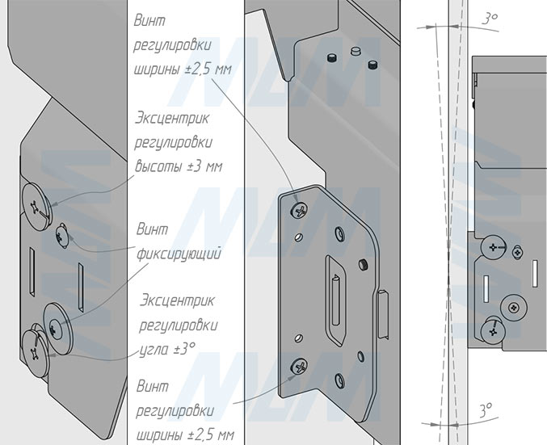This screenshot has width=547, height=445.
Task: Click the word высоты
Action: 160,166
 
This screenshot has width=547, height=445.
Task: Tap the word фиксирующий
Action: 179,254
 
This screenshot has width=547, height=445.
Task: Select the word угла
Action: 154,350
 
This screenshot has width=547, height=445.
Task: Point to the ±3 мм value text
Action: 205,166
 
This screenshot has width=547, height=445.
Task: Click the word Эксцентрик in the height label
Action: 172,118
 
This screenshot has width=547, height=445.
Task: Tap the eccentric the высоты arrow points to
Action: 36,207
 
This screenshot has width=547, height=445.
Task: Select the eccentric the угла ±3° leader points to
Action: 36,354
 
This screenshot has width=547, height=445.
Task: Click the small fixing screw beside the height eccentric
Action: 61,236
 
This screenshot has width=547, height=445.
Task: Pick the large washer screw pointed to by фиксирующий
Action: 57,327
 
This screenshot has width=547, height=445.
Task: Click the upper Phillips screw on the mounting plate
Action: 299,210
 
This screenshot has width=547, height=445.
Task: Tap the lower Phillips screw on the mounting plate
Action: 299,366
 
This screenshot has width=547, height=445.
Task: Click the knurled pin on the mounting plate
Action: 363,265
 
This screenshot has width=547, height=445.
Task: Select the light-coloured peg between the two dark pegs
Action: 356,51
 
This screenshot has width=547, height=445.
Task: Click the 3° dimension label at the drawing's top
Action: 489,18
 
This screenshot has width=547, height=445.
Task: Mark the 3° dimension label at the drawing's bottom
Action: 486,410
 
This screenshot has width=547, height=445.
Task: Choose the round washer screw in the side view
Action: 513,307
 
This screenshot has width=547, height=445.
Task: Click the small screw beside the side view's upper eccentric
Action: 517,252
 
